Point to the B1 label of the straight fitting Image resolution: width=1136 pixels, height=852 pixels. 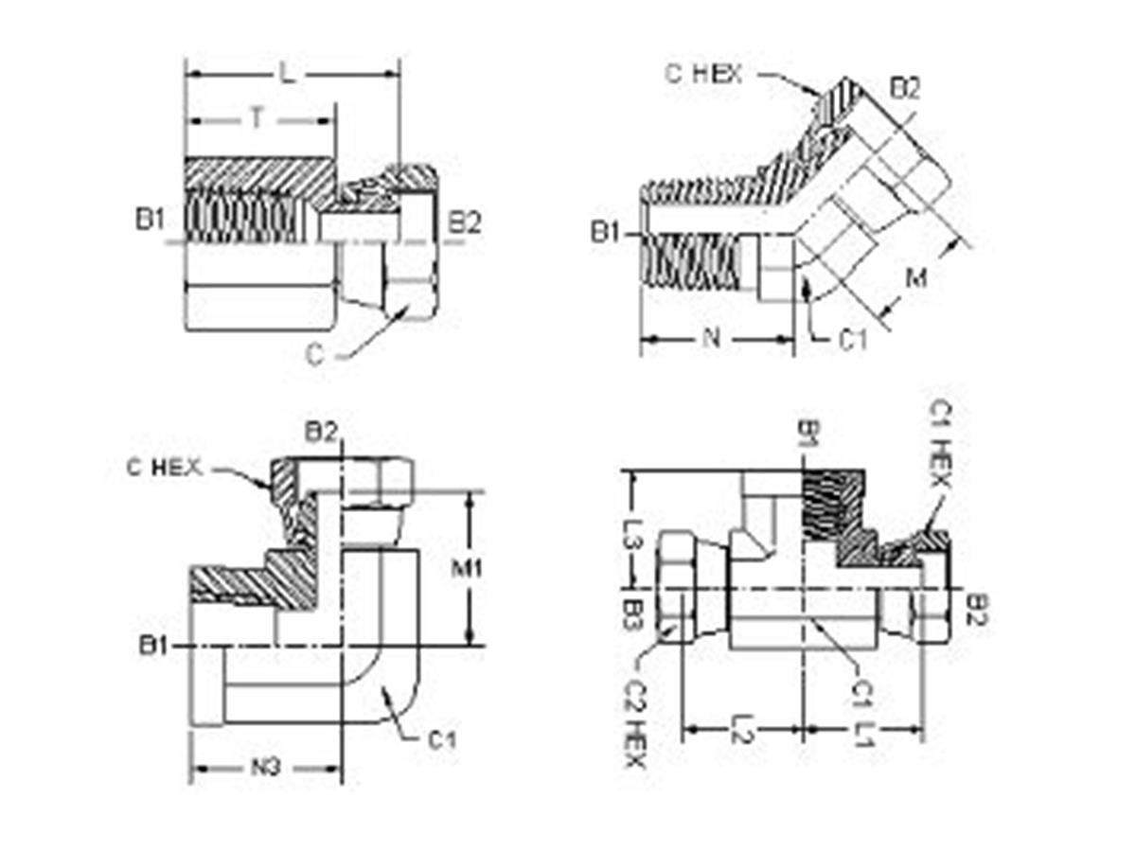pyautogui.click(x=151, y=221)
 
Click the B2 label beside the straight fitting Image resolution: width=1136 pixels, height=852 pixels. pyautogui.click(x=464, y=223)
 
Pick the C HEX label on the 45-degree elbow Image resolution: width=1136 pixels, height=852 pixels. pyautogui.click(x=703, y=75)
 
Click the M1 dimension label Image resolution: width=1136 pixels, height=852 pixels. pyautogui.click(x=467, y=569)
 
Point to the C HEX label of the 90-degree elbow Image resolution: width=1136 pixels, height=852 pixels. pyautogui.click(x=164, y=468)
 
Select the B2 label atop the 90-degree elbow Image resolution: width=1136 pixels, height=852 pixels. pyautogui.click(x=321, y=432)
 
